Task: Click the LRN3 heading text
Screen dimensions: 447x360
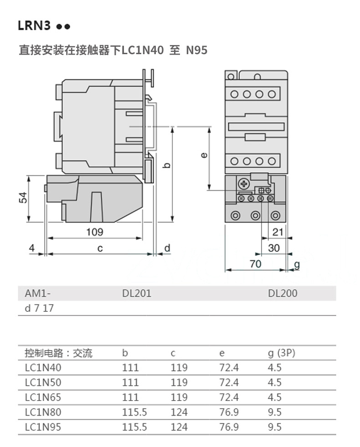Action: (x=34, y=25)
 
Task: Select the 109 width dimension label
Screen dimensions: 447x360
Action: (x=95, y=232)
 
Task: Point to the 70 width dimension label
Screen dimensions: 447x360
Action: (x=256, y=264)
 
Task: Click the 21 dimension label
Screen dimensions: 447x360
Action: (x=278, y=232)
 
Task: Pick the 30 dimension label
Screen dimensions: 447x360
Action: (x=274, y=248)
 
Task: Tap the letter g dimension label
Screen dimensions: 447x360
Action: (x=297, y=264)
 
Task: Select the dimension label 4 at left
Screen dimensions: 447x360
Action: (x=31, y=248)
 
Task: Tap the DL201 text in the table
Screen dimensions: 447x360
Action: (x=136, y=294)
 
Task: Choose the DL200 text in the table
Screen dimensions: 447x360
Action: (x=282, y=294)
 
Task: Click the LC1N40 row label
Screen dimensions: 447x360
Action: (x=43, y=368)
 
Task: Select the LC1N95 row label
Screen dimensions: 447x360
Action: (x=43, y=427)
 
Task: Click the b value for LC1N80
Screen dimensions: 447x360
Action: (x=134, y=412)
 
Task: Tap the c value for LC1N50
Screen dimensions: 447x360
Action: (x=179, y=383)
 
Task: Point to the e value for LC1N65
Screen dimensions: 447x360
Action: (x=229, y=397)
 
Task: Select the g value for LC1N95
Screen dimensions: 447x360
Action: (x=274, y=427)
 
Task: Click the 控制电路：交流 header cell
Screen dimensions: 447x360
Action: (x=58, y=353)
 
